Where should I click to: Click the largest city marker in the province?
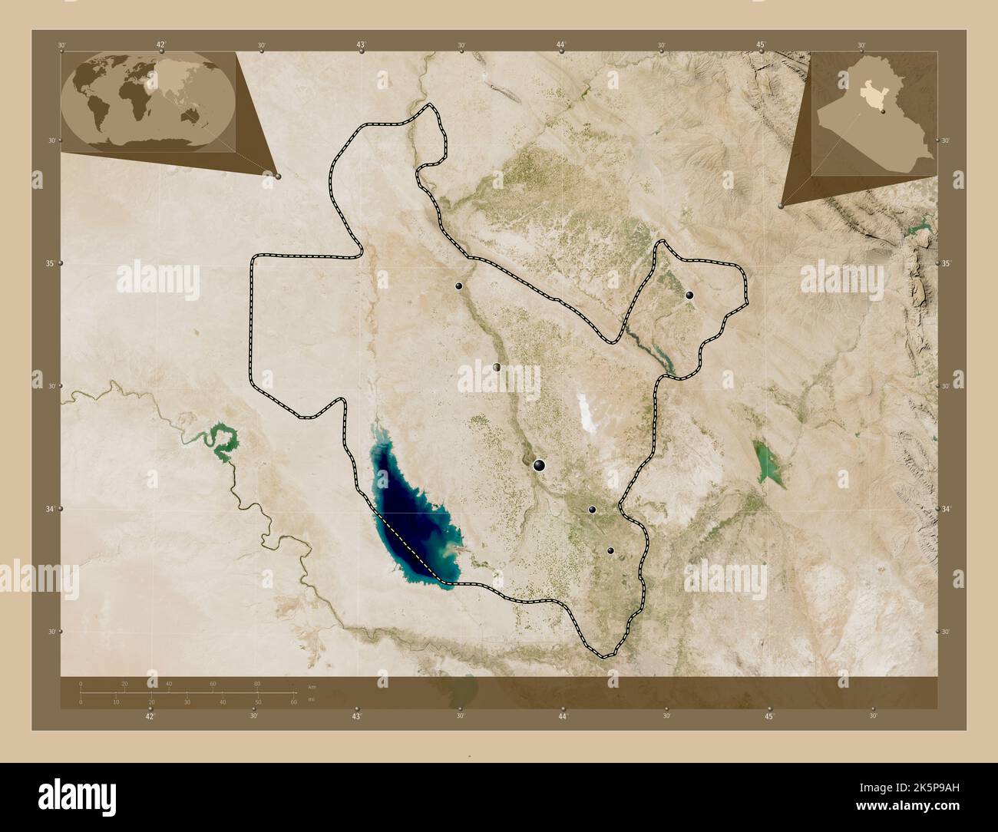[x=539, y=464]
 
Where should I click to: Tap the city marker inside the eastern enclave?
[x=689, y=295]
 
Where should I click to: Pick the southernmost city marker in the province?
[x=610, y=550]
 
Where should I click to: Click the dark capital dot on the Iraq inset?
[x=884, y=112]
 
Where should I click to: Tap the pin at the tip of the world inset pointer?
[x=278, y=177]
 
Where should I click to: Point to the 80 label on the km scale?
[x=257, y=683]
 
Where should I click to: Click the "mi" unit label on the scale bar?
[x=311, y=701]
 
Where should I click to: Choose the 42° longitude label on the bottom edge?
[x=150, y=716]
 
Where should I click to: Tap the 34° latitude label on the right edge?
[x=946, y=508]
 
